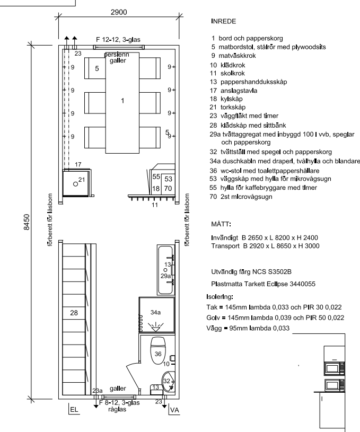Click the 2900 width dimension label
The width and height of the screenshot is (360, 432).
(x=119, y=12)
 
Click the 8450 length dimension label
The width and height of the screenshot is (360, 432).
(x=27, y=222)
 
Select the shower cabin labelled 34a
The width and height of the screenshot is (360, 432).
(x=157, y=315)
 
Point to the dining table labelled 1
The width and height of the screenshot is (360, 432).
(x=122, y=102)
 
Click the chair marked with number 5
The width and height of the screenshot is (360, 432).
(x=95, y=68)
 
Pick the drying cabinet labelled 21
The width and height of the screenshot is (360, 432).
(x=76, y=183)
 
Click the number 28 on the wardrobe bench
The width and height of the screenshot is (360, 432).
(x=74, y=313)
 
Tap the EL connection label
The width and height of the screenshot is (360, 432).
(x=74, y=410)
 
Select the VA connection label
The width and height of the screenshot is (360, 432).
(x=175, y=410)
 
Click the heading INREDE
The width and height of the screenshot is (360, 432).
(x=224, y=22)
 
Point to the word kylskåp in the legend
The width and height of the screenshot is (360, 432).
(x=232, y=99)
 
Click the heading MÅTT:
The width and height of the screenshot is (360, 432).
(x=221, y=224)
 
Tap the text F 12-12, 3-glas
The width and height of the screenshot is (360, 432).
(x=118, y=40)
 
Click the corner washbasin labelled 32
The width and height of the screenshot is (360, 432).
(x=168, y=381)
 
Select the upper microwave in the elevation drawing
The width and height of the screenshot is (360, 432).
(x=335, y=368)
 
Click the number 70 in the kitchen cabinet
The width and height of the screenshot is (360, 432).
(x=168, y=189)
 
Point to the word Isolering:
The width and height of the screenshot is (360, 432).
(x=219, y=297)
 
